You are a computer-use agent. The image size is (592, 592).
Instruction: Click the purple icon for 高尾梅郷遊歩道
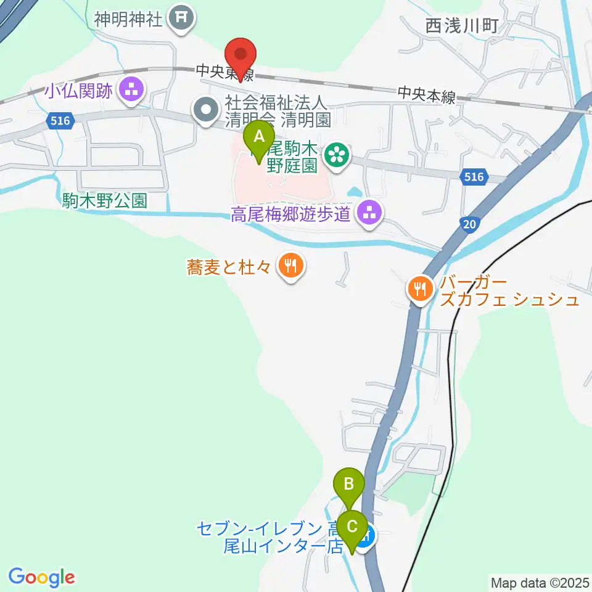(370, 214)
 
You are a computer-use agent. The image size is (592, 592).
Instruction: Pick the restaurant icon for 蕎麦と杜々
(290, 266)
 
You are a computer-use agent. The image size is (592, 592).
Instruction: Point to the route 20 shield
(470, 226)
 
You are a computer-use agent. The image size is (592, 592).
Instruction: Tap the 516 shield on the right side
(474, 178)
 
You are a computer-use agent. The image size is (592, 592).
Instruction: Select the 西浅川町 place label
(461, 26)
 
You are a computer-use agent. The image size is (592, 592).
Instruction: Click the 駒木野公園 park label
(105, 201)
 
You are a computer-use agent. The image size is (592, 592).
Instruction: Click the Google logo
(41, 577)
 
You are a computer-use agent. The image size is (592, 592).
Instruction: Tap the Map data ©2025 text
(540, 582)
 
